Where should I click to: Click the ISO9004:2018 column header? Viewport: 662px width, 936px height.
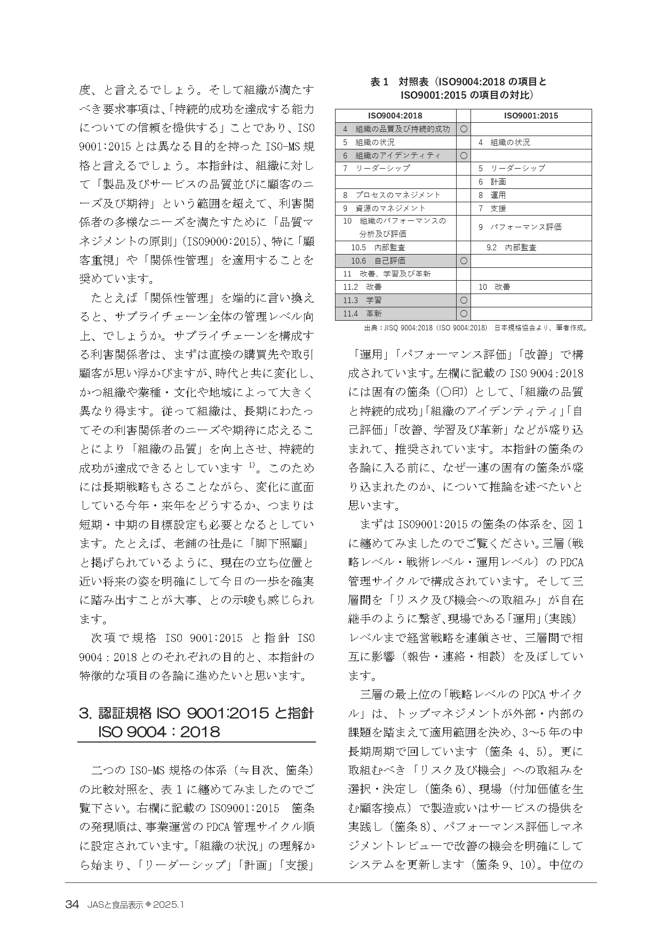click(x=395, y=116)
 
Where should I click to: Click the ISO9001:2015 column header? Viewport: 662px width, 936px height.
click(x=531, y=116)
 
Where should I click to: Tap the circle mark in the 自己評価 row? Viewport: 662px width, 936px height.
click(x=464, y=260)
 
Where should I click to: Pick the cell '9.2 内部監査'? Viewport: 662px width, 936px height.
click(x=511, y=248)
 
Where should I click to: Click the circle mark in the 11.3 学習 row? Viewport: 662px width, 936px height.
click(x=464, y=300)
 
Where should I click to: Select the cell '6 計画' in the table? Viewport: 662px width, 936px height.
click(x=492, y=181)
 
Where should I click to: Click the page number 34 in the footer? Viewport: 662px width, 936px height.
click(x=72, y=904)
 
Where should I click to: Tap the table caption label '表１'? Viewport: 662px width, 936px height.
click(x=381, y=82)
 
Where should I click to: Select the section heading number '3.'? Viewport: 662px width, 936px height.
click(x=86, y=713)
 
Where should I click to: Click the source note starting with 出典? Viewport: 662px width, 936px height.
click(x=474, y=328)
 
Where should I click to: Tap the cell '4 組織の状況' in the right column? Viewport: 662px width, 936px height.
click(x=504, y=142)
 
